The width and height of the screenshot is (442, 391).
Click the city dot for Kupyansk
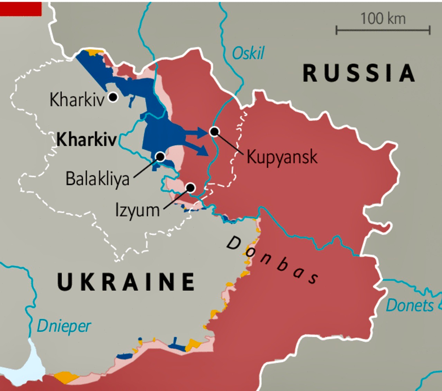[x=214, y=131]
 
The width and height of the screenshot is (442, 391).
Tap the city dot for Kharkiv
[x=113, y=97]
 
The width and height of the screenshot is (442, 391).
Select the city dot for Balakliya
[x=160, y=156]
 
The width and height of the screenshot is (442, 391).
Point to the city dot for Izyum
[x=190, y=187]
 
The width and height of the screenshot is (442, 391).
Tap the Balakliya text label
[x=97, y=179]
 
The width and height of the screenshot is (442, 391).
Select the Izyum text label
[x=138, y=210]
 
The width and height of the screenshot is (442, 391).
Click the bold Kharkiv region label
[x=86, y=140]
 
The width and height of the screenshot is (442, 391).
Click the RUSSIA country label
[x=359, y=74]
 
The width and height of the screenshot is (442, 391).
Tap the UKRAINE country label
[x=126, y=282]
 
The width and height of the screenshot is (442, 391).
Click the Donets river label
[x=410, y=305]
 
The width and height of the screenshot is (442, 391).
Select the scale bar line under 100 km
[x=383, y=31]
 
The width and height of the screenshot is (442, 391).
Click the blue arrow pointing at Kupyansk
[x=197, y=133]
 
